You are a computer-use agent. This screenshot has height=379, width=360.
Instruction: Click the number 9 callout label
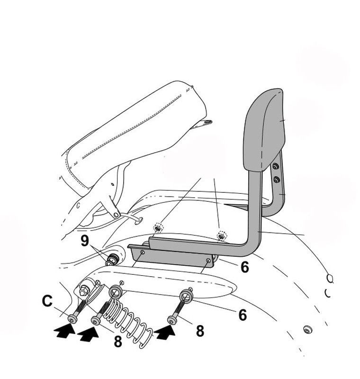(x=85, y=241)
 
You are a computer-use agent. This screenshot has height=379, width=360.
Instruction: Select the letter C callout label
(x=47, y=301)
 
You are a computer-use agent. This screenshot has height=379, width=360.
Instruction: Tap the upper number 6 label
(x=245, y=267)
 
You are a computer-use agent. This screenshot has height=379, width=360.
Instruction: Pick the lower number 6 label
(x=243, y=315)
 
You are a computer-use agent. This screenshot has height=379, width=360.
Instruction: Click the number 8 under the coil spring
(x=117, y=342)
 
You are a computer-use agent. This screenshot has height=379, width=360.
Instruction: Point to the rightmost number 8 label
(x=200, y=331)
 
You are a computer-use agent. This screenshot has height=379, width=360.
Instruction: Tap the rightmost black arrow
(x=164, y=332)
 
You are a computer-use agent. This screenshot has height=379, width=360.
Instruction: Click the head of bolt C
(x=72, y=319)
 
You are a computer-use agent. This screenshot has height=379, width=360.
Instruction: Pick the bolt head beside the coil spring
(x=96, y=321)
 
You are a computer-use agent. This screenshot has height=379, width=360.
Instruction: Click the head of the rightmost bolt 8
(x=172, y=320)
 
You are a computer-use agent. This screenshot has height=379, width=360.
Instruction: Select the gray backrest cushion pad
(x=264, y=129)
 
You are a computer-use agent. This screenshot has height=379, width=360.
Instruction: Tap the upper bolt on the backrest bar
(x=275, y=166)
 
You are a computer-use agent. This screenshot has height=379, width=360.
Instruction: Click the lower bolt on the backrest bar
(x=277, y=180)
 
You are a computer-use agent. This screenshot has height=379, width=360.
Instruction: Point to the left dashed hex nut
(x=158, y=227)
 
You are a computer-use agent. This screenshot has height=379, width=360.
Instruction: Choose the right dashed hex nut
(x=221, y=235)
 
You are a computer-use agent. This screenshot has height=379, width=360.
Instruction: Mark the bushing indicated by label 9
(x=113, y=259)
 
